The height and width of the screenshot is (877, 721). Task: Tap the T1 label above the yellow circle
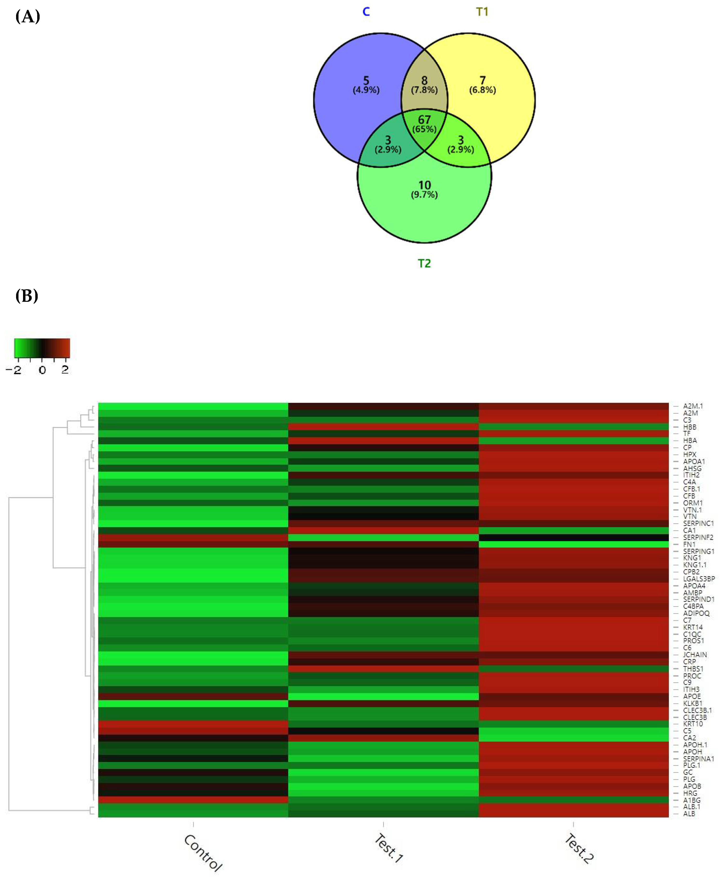click(x=482, y=12)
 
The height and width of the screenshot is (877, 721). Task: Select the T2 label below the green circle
click(x=424, y=263)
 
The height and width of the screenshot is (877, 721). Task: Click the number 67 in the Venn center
click(x=424, y=120)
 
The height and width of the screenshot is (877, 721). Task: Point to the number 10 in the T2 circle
click(x=424, y=185)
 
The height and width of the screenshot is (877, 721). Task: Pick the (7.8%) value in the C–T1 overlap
click(x=424, y=90)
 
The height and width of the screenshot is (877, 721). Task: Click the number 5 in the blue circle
click(x=366, y=80)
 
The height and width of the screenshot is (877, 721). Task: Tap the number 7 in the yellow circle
click(x=482, y=80)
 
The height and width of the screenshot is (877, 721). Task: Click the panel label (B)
click(x=27, y=296)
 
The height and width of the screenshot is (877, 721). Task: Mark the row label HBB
click(x=690, y=427)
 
